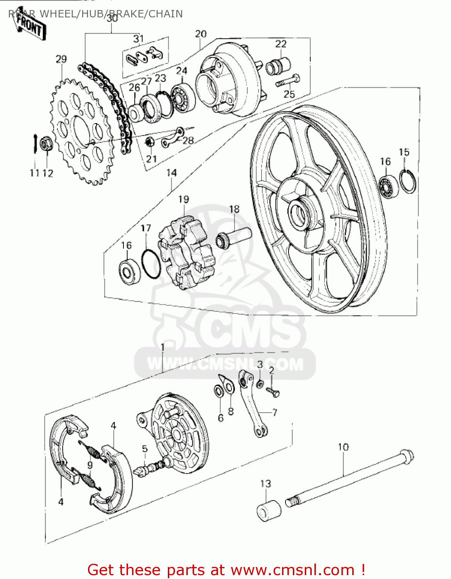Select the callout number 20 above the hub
(201, 34)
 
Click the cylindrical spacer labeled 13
(269, 511)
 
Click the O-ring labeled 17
(150, 264)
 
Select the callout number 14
(171, 173)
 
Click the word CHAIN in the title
(166, 14)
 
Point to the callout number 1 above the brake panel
(162, 347)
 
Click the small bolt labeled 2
(274, 393)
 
